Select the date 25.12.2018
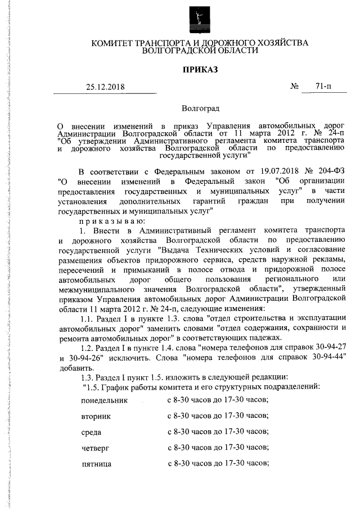click(x=105, y=87)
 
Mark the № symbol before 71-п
click(x=294, y=87)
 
